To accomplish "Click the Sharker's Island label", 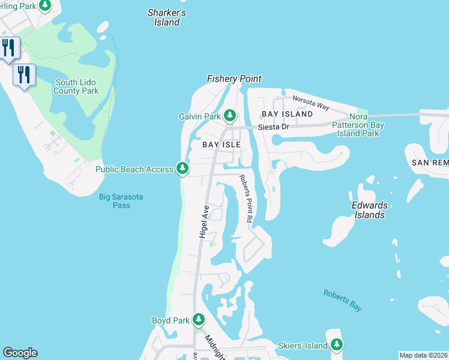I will click(167, 17).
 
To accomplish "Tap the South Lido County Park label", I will click(76, 87).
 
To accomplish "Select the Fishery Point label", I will click(234, 79).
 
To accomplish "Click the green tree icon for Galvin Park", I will click(230, 115).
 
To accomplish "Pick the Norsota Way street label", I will click(310, 103).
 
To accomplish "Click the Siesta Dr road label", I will click(273, 127).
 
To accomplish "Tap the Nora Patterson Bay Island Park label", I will click(358, 125).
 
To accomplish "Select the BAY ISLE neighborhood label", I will click(221, 145).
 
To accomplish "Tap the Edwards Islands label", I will click(369, 209).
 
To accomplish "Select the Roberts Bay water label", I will click(342, 301).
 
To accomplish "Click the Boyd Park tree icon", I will click(198, 320).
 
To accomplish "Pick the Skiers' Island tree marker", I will click(337, 345).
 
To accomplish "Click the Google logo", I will click(20, 353).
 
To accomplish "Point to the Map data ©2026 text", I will click(423, 355).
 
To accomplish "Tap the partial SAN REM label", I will click(430, 163).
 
